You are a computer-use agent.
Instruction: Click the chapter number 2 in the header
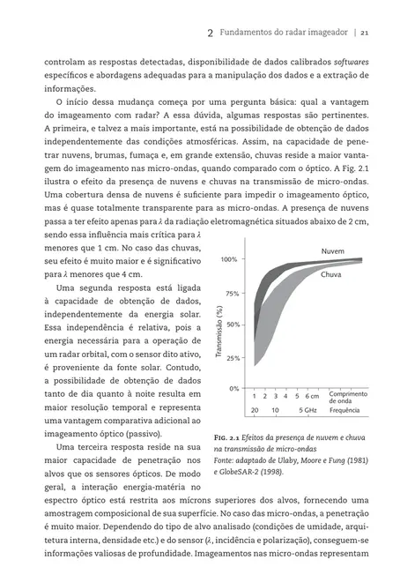pyautogui.click(x=210, y=33)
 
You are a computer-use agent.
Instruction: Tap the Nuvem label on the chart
pyautogui.click(x=332, y=251)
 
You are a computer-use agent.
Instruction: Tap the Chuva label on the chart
pyautogui.click(x=330, y=275)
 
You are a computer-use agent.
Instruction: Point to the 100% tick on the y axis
pyautogui.click(x=229, y=260)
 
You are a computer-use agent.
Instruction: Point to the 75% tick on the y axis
pyautogui.click(x=232, y=293)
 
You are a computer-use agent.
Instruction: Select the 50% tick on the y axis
pyautogui.click(x=232, y=325)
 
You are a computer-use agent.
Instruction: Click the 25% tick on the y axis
pyautogui.click(x=232, y=357)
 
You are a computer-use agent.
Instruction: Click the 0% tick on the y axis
pyautogui.click(x=233, y=388)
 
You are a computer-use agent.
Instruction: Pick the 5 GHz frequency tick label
pyautogui.click(x=307, y=410)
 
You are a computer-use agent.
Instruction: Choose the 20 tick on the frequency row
pyautogui.click(x=254, y=410)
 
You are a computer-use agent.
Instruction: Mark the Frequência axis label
pyautogui.click(x=345, y=410)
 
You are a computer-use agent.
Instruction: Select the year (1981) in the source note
pyautogui.click(x=358, y=460)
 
